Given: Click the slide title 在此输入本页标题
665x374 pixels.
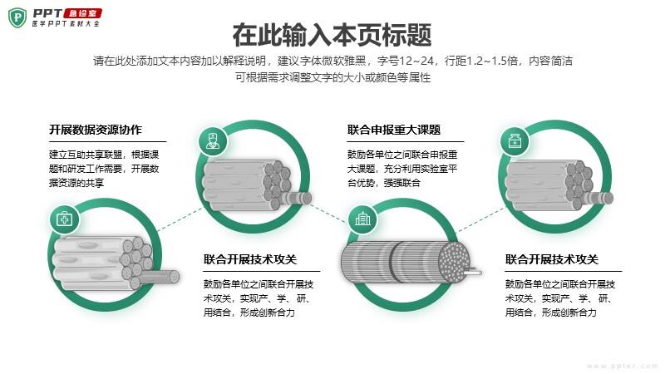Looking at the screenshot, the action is (x=332, y=35).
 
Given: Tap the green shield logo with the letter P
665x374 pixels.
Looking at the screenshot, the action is (x=17, y=17).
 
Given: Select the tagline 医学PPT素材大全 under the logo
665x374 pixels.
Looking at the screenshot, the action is (x=66, y=24).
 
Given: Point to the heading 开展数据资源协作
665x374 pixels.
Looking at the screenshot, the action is (x=96, y=130).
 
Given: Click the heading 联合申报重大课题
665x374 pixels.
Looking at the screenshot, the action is (x=394, y=130).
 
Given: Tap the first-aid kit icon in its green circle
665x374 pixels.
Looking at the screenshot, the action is (x=65, y=219).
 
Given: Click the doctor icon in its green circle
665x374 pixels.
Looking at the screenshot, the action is (x=213, y=141).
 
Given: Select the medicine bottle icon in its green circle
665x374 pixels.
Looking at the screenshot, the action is (x=515, y=141).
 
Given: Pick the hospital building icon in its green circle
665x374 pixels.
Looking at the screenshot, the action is (x=362, y=219).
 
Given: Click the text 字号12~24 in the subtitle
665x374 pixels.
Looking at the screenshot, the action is (x=406, y=61).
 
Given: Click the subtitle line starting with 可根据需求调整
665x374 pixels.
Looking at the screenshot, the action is (x=333, y=77).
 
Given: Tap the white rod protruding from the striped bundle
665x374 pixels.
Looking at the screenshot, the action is (x=474, y=272).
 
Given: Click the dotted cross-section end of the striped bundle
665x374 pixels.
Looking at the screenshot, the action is (x=455, y=262).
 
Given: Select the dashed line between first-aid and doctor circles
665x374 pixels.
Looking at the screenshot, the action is (x=179, y=219).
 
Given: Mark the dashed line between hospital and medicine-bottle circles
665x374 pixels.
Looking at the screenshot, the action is (x=482, y=219).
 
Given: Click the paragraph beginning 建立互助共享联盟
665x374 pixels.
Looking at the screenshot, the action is (x=104, y=169).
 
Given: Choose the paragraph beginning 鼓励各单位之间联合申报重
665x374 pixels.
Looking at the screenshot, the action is (x=402, y=169).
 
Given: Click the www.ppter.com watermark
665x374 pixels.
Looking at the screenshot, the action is (x=622, y=366).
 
